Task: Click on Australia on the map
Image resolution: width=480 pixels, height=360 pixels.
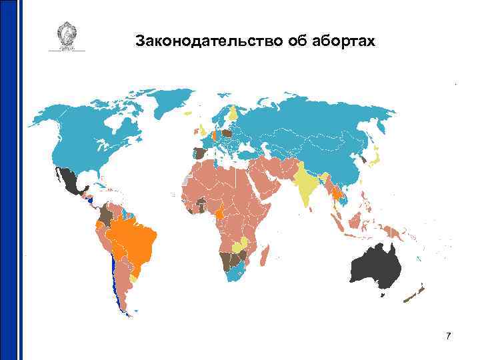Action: click(375, 267)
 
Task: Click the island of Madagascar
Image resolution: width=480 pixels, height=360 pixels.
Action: click(265, 254)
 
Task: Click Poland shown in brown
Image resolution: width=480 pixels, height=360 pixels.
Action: click(227, 133)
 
